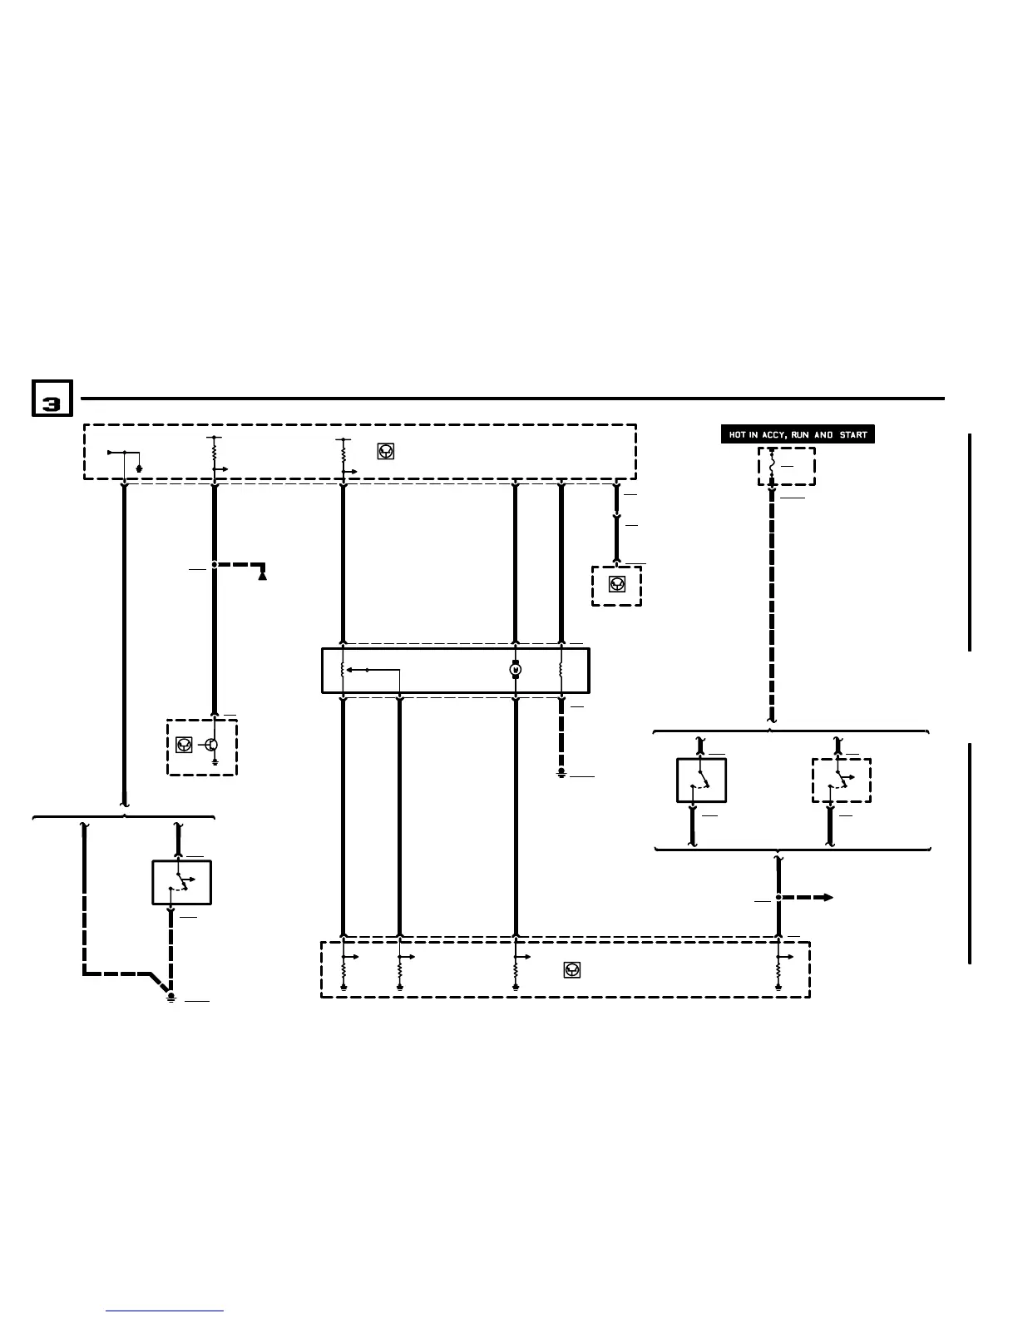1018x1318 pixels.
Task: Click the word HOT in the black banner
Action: coord(738,435)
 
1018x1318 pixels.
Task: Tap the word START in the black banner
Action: coord(853,435)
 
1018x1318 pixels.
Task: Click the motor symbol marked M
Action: coord(516,670)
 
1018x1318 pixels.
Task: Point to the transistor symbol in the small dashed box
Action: coord(212,746)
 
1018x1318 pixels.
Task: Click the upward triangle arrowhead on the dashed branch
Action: coord(263,573)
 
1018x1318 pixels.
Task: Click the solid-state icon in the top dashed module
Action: coord(386,452)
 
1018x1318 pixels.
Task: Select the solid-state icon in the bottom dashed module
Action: coord(572,969)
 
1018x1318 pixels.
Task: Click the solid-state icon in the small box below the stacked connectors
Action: coord(616,584)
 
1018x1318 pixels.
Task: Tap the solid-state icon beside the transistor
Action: coord(184,746)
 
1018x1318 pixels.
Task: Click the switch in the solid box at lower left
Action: coord(180,883)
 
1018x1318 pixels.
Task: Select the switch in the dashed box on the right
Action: coord(841,780)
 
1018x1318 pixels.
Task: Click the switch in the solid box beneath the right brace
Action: coord(702,780)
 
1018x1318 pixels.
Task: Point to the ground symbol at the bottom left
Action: coord(170,997)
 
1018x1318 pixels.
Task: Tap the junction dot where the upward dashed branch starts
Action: coord(215,565)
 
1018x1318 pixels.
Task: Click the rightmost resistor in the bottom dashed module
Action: coord(778,970)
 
